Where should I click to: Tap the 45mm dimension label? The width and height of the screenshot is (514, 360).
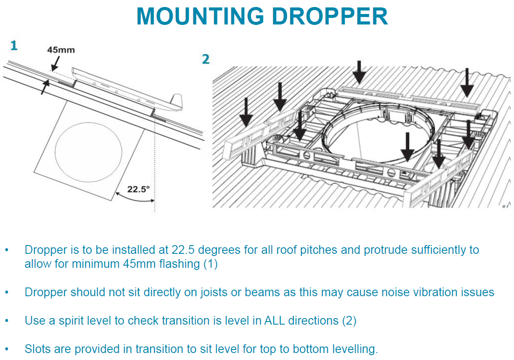(x=61, y=50)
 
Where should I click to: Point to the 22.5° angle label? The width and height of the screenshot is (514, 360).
(x=138, y=189)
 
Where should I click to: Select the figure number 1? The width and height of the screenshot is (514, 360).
(x=14, y=45)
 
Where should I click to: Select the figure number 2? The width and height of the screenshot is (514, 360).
(x=206, y=59)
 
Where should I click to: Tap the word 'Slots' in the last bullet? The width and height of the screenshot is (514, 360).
(x=38, y=349)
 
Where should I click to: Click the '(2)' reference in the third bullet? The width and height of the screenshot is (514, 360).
(x=349, y=320)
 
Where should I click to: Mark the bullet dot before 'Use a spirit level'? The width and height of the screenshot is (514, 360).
(x=7, y=321)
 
